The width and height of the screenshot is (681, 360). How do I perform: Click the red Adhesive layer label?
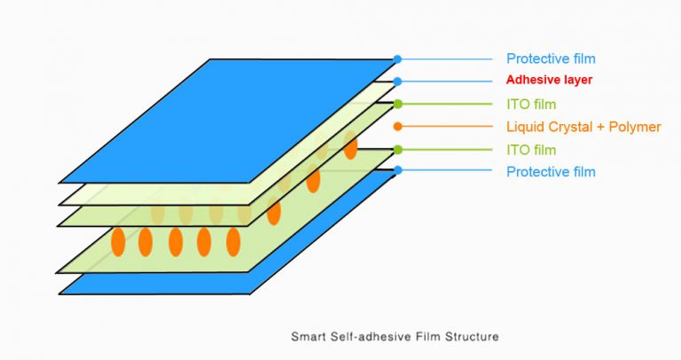(x=549, y=80)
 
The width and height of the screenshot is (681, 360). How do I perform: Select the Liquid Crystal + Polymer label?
(x=583, y=127)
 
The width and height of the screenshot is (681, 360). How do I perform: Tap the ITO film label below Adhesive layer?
(x=531, y=104)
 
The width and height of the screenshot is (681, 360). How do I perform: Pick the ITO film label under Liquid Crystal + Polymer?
(x=531, y=150)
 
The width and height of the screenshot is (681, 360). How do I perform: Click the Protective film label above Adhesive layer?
(x=551, y=59)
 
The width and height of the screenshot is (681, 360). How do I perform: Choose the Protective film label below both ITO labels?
(x=551, y=171)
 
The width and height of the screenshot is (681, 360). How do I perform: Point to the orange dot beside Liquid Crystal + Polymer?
(x=398, y=127)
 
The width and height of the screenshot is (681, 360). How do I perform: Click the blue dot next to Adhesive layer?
(x=398, y=81)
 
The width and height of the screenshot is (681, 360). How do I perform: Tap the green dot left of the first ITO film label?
(x=398, y=104)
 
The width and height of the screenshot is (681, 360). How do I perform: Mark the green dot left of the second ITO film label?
(x=398, y=150)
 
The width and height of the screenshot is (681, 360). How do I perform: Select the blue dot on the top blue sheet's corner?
(x=398, y=59)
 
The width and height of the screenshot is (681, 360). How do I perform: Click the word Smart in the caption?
(x=307, y=337)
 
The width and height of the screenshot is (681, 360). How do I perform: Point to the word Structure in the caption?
(x=474, y=337)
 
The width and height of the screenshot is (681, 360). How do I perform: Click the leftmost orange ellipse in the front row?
(x=118, y=241)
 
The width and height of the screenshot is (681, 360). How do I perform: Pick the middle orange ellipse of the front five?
(x=176, y=241)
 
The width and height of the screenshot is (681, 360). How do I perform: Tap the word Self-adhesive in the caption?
(x=367, y=337)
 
